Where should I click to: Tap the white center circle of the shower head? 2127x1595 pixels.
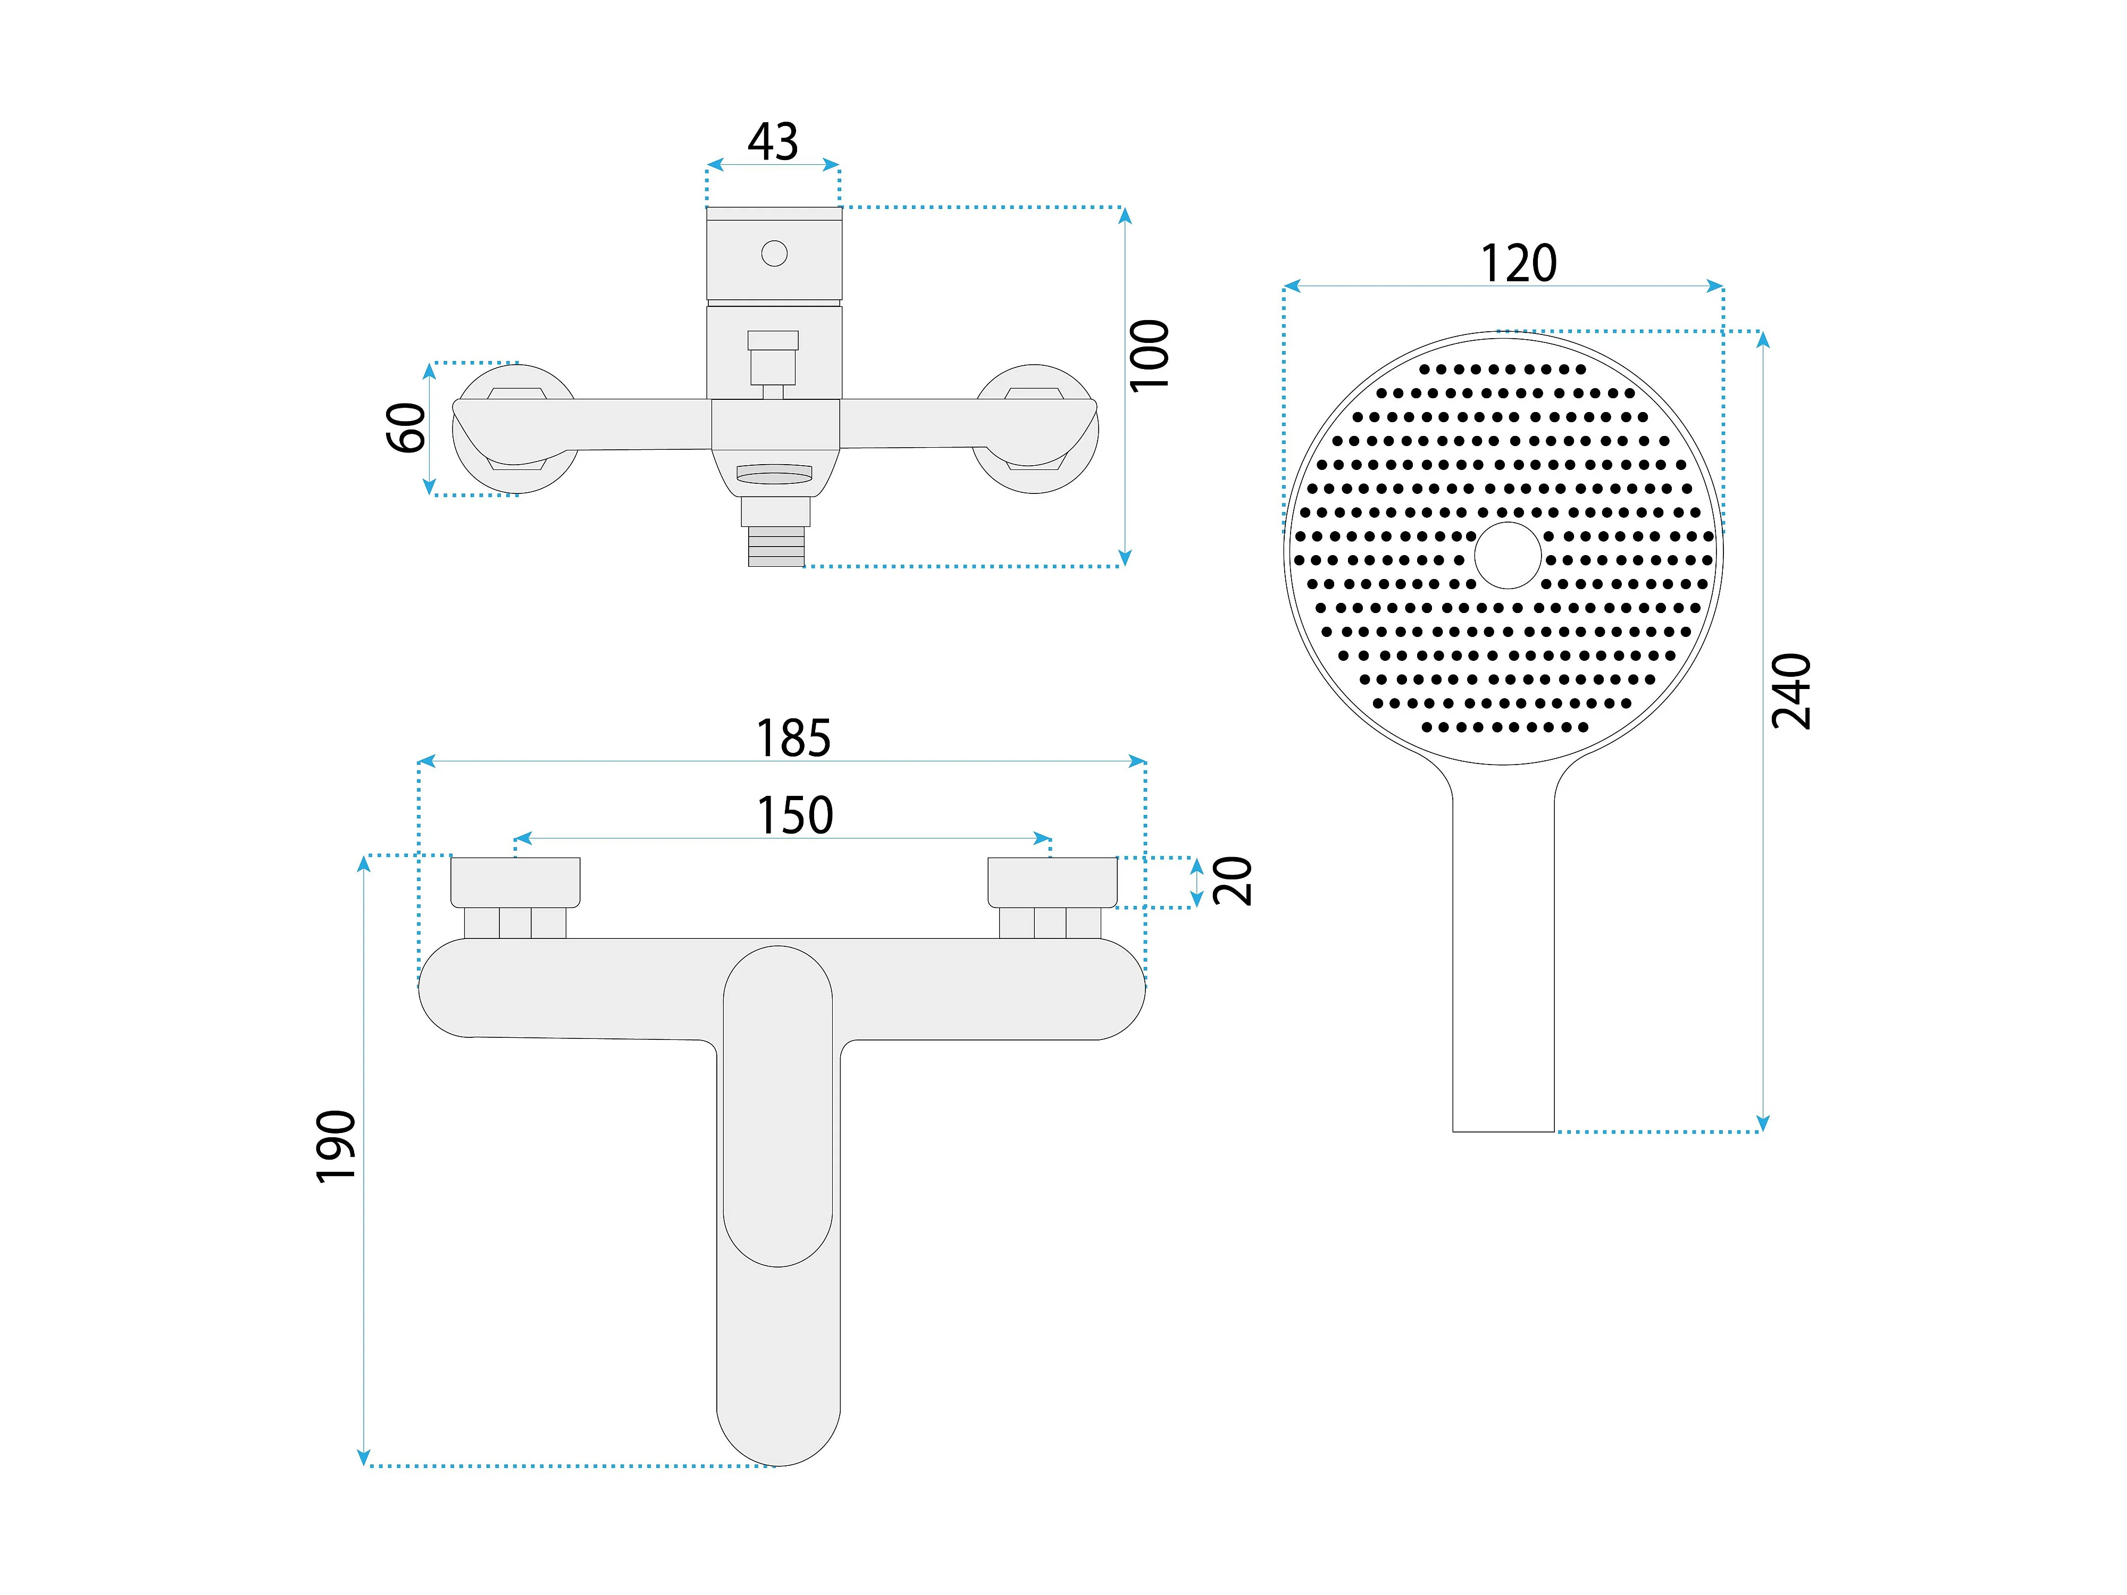[x=1507, y=556]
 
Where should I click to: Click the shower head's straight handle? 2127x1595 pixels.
[x=1503, y=961]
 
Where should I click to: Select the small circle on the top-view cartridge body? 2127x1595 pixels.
[x=774, y=254]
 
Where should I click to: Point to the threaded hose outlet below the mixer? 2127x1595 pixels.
[x=776, y=546]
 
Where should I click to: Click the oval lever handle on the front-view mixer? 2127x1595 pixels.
[x=777, y=1106]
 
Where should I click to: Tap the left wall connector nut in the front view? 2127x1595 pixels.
[x=515, y=882]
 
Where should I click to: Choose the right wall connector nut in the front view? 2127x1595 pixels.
[x=1052, y=882]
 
